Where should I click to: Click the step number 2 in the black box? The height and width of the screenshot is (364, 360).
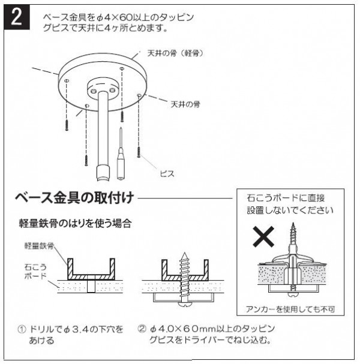coord(17,17)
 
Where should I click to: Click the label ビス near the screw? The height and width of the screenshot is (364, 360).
coord(167,173)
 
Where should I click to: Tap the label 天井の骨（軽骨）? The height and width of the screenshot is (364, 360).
coord(175,53)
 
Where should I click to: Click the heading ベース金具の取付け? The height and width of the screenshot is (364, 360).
coord(74,198)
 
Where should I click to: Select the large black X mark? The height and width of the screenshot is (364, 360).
coord(263,236)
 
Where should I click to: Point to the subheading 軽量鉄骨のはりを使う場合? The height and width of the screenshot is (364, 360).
coord(75,223)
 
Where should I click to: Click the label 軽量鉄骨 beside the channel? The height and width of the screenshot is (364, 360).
coord(39,246)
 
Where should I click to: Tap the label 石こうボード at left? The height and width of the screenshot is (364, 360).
coord(35,271)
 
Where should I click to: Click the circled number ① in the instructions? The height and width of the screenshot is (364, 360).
coord(22,329)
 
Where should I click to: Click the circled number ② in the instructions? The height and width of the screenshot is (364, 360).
coord(142,329)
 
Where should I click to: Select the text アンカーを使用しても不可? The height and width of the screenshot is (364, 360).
coord(290,309)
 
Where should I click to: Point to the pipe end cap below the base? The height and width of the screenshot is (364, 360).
coord(103,173)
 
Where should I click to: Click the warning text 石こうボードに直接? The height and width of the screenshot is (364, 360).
coord(286,198)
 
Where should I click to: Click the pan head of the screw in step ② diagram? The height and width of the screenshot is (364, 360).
coord(185,305)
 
